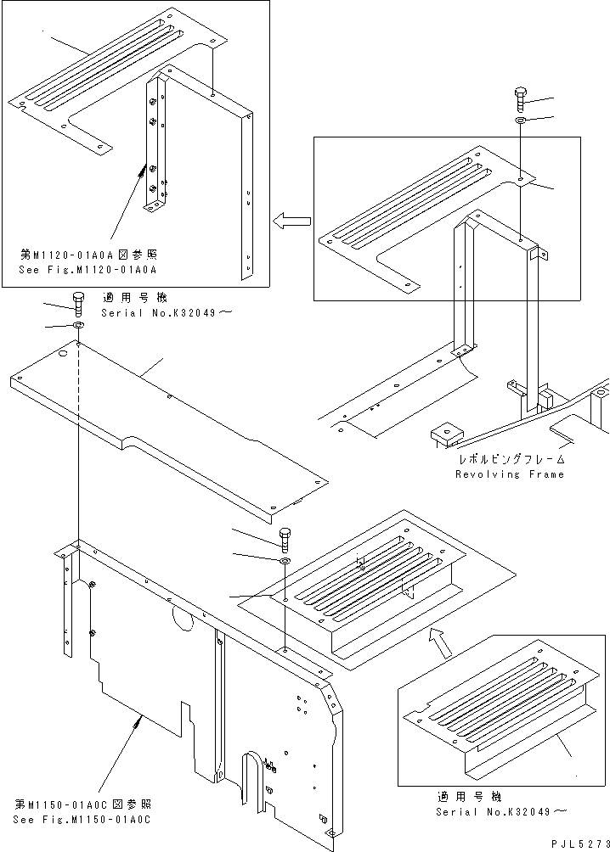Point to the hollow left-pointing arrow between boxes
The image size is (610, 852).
pos(289,221)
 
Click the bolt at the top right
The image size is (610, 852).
pos(520,98)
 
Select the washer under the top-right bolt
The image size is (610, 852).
pos(520,122)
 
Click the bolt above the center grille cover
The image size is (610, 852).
pos(285,537)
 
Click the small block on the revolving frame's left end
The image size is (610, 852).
pos(444,434)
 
